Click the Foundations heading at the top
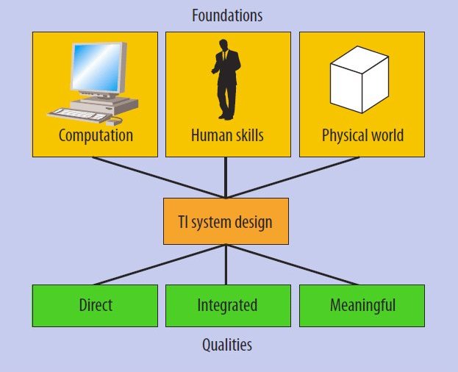coord(226,15)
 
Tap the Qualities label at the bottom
coord(226,344)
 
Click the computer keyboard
coord(77,114)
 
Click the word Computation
coord(96,136)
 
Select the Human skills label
coord(226,136)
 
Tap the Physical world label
coord(362,136)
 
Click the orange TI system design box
coord(226,221)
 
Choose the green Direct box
coord(95,305)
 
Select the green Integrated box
coord(226,305)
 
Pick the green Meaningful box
coord(362,305)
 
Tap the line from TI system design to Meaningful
coord(294,264)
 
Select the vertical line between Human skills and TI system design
coord(226,176)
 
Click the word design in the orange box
coord(254,221)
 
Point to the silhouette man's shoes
coord(226,116)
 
